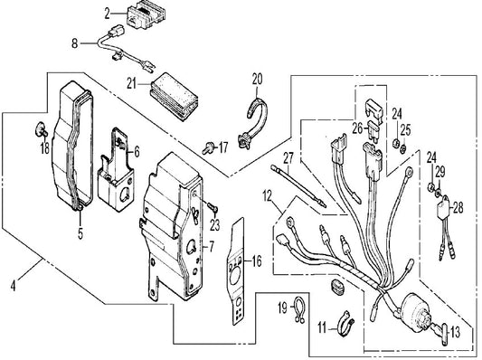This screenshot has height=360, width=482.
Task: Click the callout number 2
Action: (107, 14)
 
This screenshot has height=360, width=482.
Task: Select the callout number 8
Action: (75, 43)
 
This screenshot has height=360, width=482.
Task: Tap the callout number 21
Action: (131, 83)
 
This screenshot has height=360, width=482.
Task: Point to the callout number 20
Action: (258, 80)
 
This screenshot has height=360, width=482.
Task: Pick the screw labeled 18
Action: (41, 130)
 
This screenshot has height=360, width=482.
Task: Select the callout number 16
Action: (257, 261)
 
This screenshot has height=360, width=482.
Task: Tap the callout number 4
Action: (13, 287)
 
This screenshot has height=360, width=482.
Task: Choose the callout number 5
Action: (80, 233)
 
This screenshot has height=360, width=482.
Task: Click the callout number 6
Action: (137, 152)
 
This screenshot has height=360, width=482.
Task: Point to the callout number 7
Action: (212, 247)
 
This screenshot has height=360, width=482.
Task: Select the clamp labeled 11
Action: (346, 323)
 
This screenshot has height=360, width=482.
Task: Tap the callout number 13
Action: (455, 332)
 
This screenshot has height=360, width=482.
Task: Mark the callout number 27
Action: (288, 159)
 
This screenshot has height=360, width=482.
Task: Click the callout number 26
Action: (357, 128)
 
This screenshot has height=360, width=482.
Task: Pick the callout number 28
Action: (458, 208)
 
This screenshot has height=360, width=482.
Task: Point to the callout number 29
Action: (440, 172)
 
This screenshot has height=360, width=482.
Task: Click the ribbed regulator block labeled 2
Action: (146, 16)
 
